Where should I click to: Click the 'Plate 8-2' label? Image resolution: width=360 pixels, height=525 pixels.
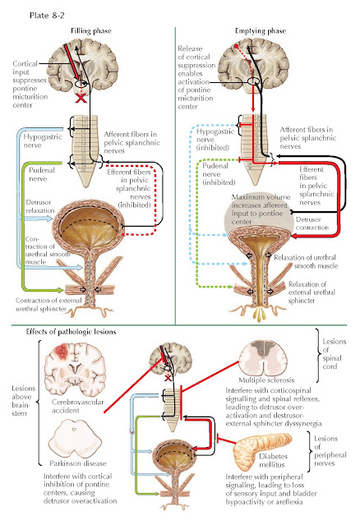(x=47, y=16)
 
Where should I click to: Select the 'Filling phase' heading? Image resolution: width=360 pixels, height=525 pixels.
(x=90, y=31)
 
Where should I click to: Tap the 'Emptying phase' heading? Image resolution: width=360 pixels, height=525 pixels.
(x=261, y=31)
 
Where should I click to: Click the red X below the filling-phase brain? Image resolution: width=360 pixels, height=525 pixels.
(x=81, y=99)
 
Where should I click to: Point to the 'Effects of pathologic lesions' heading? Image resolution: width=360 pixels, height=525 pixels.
(x=71, y=332)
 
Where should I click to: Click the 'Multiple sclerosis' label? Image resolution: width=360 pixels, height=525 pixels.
(x=266, y=380)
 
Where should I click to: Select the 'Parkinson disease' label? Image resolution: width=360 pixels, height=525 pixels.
(x=78, y=463)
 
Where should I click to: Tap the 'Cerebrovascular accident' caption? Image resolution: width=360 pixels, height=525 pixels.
(x=78, y=406)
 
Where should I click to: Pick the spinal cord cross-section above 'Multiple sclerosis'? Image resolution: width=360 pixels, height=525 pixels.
(x=263, y=357)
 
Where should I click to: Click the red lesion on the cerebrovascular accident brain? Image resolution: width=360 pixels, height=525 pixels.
(x=62, y=351)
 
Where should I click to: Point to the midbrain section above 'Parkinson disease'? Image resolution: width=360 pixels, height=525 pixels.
(x=75, y=440)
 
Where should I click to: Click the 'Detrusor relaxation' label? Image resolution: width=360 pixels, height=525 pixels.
(x=40, y=206)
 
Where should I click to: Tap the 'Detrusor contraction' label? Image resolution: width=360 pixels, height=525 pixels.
(x=312, y=223)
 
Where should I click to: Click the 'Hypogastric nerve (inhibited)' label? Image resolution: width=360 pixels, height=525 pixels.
(x=215, y=140)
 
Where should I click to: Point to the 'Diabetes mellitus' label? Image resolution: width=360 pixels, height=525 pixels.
(x=273, y=460)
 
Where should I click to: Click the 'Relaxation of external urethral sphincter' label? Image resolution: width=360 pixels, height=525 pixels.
(x=312, y=292)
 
